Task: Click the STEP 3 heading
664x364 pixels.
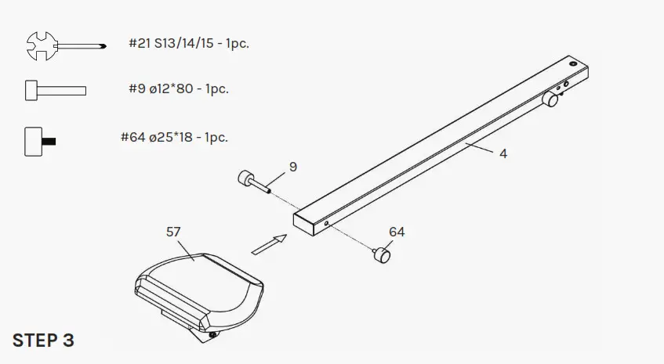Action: [x=43, y=341]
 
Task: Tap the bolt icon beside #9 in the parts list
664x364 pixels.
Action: [x=54, y=90]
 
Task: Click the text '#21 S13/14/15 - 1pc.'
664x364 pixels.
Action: [x=189, y=43]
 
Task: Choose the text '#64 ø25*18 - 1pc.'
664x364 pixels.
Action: [x=174, y=137]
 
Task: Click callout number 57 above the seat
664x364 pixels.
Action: [x=174, y=232]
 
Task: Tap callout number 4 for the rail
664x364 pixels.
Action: [x=503, y=154]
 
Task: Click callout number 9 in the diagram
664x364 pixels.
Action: [x=292, y=167]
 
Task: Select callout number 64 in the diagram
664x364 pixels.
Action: [x=397, y=232]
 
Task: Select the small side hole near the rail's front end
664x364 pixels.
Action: [x=326, y=223]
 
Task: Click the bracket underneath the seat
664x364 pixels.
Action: [x=188, y=325]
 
